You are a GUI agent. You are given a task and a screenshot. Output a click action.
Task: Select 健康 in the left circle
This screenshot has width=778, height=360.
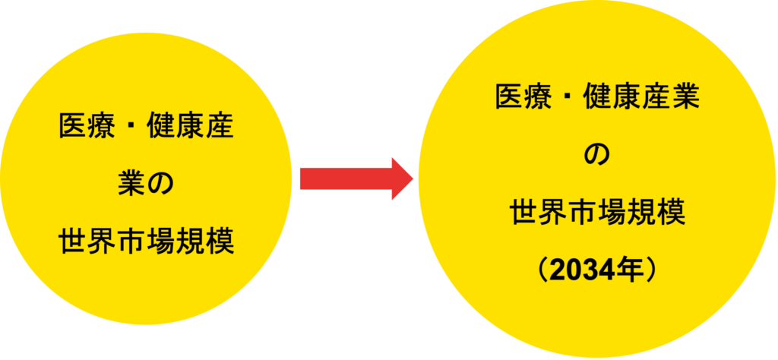pyautogui.click(x=175, y=126)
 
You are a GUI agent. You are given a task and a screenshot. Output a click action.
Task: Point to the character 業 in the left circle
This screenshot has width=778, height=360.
pyautogui.click(x=131, y=185)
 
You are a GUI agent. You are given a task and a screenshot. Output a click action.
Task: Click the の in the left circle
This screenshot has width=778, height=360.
pyautogui.click(x=161, y=185)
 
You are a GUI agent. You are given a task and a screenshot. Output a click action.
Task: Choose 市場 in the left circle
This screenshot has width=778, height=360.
pyautogui.click(x=146, y=242)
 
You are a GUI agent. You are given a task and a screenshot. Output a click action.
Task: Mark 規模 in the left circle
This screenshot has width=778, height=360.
pyautogui.click(x=204, y=242)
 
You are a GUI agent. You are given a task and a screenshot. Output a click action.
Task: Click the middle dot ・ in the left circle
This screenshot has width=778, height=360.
pyautogui.click(x=131, y=126)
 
